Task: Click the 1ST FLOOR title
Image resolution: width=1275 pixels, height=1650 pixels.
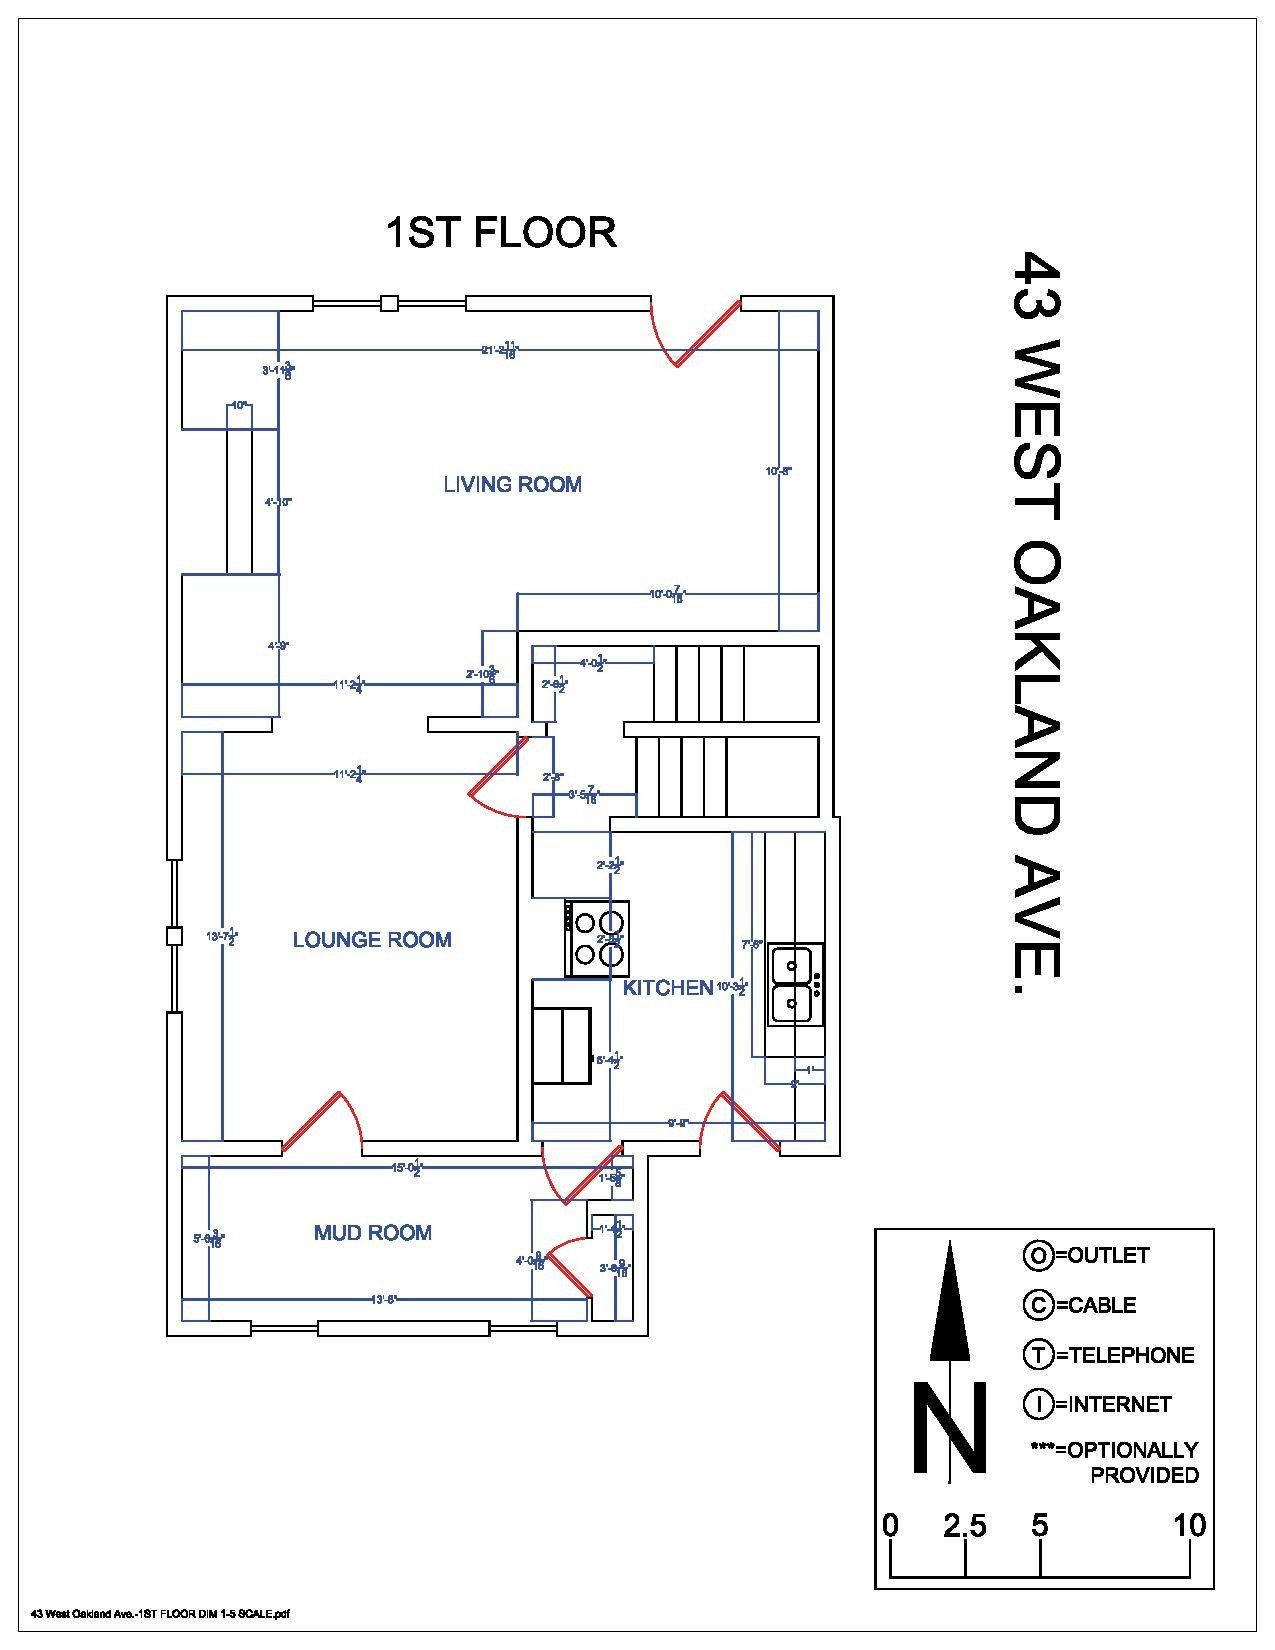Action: click(x=500, y=232)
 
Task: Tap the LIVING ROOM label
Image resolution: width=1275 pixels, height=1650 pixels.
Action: click(x=512, y=485)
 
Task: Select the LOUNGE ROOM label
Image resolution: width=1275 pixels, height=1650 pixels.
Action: click(x=372, y=940)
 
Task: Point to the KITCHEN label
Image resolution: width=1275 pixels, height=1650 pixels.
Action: click(x=667, y=988)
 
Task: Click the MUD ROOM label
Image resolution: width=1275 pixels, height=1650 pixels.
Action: click(x=372, y=1233)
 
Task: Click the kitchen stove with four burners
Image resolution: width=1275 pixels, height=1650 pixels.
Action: click(x=598, y=938)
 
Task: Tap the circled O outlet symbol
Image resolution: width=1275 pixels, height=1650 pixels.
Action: click(x=1038, y=1255)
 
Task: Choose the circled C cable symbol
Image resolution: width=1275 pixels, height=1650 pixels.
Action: click(x=1038, y=1305)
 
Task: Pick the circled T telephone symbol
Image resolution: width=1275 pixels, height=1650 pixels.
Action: click(x=1038, y=1355)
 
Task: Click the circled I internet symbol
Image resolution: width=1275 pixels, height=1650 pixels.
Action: click(x=1038, y=1404)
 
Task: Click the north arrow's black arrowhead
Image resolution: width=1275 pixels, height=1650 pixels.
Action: click(x=950, y=1300)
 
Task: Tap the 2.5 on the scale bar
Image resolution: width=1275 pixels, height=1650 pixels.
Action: click(x=964, y=1525)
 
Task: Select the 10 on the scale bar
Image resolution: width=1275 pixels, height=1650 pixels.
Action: click(x=1188, y=1525)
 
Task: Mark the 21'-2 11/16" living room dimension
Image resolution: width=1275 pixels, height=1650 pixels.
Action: click(x=499, y=350)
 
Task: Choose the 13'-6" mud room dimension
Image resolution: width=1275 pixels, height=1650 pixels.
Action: click(x=385, y=1299)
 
